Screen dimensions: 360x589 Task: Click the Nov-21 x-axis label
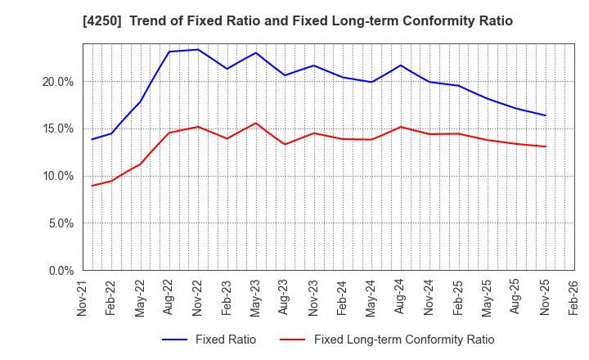[x=83, y=298]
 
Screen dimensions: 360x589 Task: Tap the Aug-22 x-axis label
[x=169, y=298]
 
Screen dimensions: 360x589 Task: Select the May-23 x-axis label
[x=256, y=298]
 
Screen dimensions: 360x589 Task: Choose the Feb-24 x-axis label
[x=343, y=298]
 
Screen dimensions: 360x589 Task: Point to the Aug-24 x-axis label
[x=401, y=298]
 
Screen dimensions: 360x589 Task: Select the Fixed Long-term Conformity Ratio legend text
[x=404, y=340]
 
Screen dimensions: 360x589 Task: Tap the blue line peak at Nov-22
[x=198, y=49]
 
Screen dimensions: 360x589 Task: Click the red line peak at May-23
[x=256, y=123]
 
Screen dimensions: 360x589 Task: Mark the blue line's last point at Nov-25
[x=545, y=115]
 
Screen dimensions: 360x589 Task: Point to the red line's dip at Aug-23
[x=285, y=144]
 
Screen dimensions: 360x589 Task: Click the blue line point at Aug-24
[x=401, y=65]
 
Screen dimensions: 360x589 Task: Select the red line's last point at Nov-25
[x=545, y=146]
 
